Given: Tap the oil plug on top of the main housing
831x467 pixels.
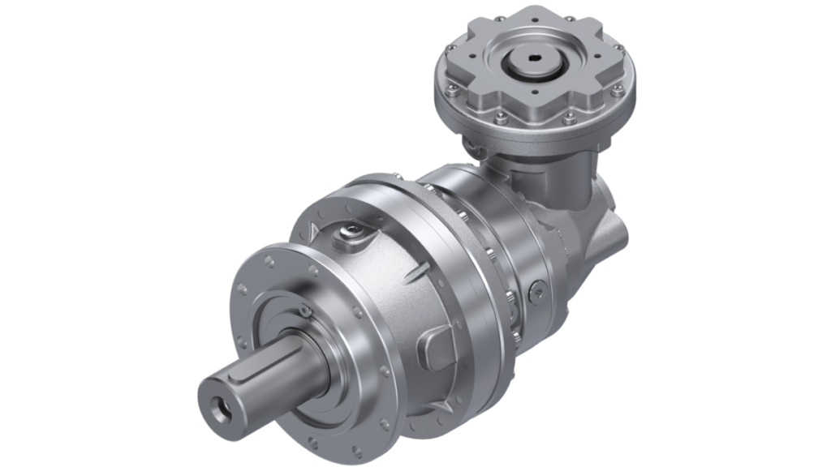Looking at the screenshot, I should click(x=352, y=233).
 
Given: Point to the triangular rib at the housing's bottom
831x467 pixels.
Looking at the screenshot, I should click(x=444, y=404).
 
